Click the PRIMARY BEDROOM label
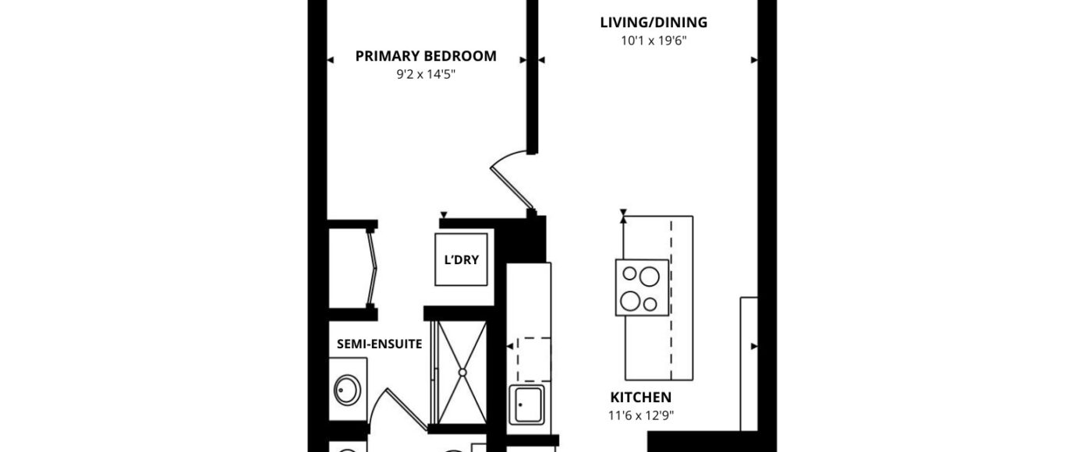(426, 56)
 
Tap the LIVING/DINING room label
(654, 23)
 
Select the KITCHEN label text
(641, 397)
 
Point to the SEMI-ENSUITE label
(379, 344)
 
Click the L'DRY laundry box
(461, 260)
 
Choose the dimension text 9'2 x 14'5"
(426, 75)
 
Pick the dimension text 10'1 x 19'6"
(654, 41)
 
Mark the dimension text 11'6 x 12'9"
(641, 415)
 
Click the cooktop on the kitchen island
(642, 288)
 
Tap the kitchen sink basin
(527, 405)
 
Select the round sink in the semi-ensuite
(347, 390)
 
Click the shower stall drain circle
(462, 373)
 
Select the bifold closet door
(372, 268)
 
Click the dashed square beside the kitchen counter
(533, 360)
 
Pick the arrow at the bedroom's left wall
(331, 60)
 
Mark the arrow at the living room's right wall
(754, 60)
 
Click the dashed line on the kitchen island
(671, 300)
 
